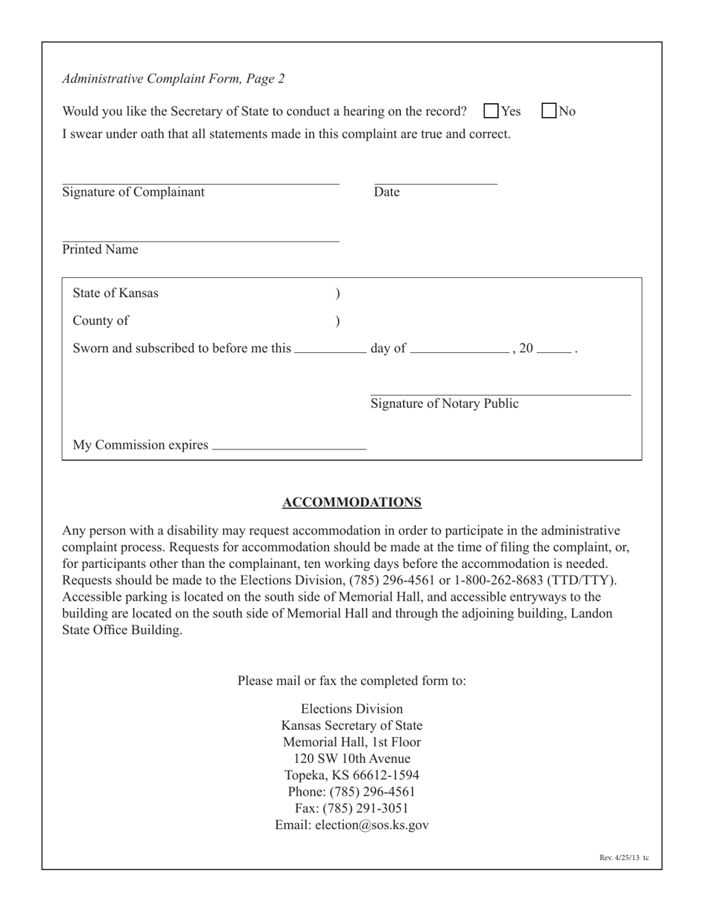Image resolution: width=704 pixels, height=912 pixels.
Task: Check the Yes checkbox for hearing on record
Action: [491, 111]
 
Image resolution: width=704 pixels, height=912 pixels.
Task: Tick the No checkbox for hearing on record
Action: [549, 111]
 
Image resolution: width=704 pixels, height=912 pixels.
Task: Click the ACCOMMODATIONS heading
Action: [352, 503]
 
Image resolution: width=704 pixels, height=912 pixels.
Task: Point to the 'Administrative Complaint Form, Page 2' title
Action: [173, 79]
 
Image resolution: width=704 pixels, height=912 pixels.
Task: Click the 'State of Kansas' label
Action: [116, 293]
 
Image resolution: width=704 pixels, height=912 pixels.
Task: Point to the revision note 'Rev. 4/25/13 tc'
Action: [624, 858]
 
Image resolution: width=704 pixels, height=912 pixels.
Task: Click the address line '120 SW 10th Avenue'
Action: [352, 759]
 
